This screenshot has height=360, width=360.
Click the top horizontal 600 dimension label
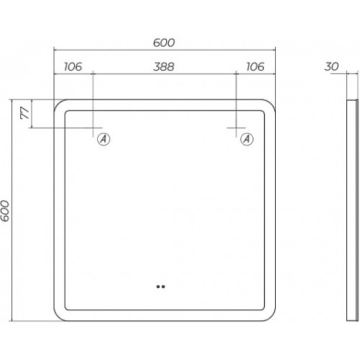tap(164, 42)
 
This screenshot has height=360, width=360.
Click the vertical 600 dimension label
tap(5, 211)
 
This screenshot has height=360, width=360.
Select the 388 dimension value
tap(163, 67)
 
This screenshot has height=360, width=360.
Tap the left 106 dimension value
tap(73, 67)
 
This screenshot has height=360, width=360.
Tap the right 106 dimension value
tap(256, 67)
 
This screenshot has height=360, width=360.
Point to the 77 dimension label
tap(24, 113)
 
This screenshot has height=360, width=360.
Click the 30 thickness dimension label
tap(331, 66)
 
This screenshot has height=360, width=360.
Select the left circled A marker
tap(104, 139)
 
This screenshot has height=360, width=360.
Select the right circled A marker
tap(247, 139)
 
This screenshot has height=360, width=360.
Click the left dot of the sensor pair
tap(158, 287)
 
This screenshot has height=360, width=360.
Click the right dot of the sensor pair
tap(163, 287)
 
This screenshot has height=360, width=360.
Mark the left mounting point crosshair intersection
tap(93, 128)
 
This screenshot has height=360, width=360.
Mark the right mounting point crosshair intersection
tap(236, 128)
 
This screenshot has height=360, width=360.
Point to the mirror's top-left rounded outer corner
tap(58, 104)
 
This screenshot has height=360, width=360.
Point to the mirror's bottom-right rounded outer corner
tap(271, 317)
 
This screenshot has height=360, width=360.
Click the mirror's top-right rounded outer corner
tap(271, 104)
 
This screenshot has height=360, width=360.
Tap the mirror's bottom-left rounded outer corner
tap(58, 317)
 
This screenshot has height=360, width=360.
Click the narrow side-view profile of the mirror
tap(352, 210)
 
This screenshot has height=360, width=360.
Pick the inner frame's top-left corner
tap(66, 112)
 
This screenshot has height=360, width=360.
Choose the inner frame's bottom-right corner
tap(264, 309)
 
